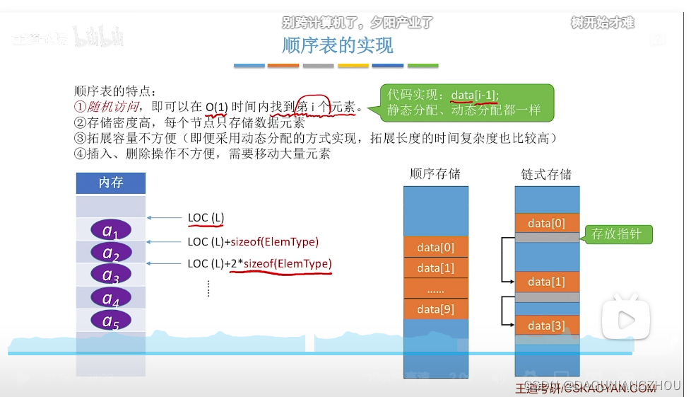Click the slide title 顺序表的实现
337,46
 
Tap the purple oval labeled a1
111,230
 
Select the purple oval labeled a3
111,275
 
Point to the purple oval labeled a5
111,321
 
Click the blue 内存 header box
111,183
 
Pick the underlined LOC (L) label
206,218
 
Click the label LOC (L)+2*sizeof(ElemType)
259,264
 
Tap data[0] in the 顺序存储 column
435,247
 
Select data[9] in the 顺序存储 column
435,309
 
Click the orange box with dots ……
435,288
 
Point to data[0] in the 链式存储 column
547,223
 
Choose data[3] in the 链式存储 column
547,326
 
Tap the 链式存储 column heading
547,174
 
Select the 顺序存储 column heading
435,174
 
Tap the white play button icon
625,320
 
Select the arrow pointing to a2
166,241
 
